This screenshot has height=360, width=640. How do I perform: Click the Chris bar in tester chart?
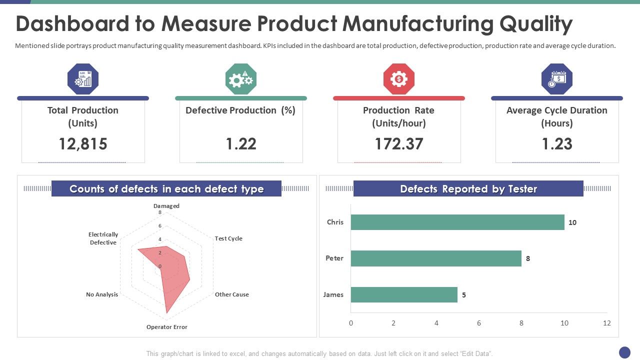tap(457, 222)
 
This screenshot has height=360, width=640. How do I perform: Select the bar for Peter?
tap(436, 258)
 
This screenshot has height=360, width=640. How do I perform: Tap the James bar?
tap(404, 294)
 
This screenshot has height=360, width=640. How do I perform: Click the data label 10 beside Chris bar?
tap(572, 222)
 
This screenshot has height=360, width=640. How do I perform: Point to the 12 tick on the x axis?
tap(607, 323)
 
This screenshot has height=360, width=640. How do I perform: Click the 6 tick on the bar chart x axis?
tap(479, 323)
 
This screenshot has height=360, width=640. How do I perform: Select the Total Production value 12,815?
tap(83, 144)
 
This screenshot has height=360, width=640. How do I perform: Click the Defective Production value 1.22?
tap(241, 144)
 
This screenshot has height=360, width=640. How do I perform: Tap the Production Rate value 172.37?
tap(399, 144)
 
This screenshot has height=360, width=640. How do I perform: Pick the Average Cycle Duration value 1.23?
tap(557, 144)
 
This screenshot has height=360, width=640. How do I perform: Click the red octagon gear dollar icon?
tap(399, 79)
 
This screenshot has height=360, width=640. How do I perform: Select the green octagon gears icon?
tap(241, 79)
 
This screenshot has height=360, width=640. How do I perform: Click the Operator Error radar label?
tap(166, 327)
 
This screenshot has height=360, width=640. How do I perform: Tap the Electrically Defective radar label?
tap(103, 238)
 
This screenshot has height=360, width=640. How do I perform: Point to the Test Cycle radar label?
tap(228, 238)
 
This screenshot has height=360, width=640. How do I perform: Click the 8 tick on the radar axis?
tap(160, 212)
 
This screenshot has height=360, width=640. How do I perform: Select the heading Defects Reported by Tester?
tap(468, 189)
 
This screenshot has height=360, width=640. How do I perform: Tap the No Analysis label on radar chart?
tap(102, 294)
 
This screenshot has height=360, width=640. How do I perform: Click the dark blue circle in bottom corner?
tap(624, 352)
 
